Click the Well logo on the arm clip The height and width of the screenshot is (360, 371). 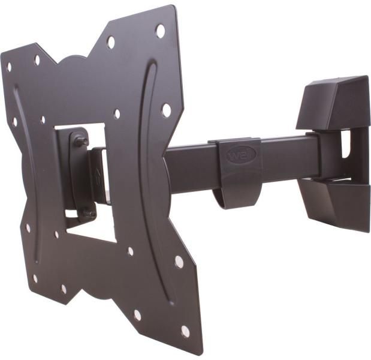click(x=241, y=154)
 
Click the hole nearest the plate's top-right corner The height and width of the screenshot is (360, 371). click(x=160, y=29)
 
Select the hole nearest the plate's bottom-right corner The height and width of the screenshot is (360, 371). click(x=185, y=331)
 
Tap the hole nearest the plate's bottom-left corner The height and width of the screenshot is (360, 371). click(x=34, y=278)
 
